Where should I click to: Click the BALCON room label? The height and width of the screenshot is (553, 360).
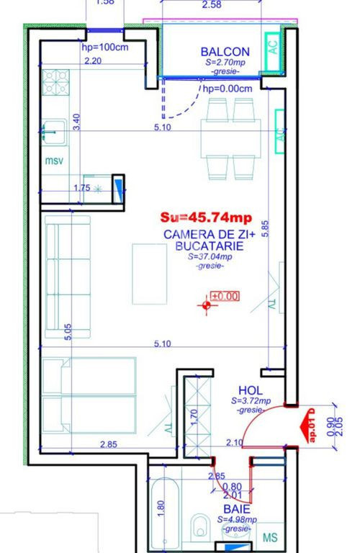[x=225, y=52]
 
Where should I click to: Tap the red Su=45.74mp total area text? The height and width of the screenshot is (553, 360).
[x=206, y=217]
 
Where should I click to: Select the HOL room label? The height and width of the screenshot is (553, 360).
[x=251, y=390]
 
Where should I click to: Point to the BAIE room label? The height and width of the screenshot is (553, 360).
[x=237, y=509]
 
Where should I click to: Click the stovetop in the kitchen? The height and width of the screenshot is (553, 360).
[x=55, y=82]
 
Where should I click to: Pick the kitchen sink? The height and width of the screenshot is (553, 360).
[x=54, y=132]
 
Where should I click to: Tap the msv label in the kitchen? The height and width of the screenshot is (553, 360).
[x=54, y=161]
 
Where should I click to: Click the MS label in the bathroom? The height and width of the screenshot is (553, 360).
[x=270, y=538]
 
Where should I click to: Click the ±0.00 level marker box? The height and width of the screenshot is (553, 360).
[x=225, y=296]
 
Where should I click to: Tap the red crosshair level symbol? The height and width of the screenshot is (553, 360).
[x=207, y=305]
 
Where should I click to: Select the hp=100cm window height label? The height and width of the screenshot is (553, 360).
[x=105, y=47]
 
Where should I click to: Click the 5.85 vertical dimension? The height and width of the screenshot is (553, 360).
[x=265, y=228]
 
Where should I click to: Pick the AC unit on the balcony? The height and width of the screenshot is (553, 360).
[x=273, y=52]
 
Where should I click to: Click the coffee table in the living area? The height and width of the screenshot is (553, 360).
[x=150, y=274]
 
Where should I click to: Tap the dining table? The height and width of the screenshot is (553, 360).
[x=230, y=138]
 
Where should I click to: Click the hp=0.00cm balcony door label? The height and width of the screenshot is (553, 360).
[x=228, y=89]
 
